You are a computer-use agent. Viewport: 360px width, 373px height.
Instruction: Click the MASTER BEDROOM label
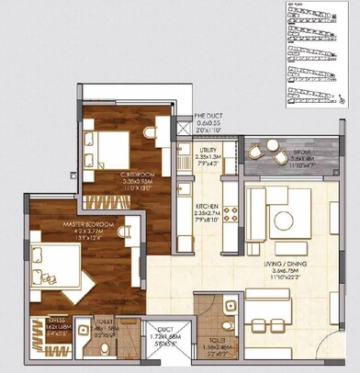pos(62,223)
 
